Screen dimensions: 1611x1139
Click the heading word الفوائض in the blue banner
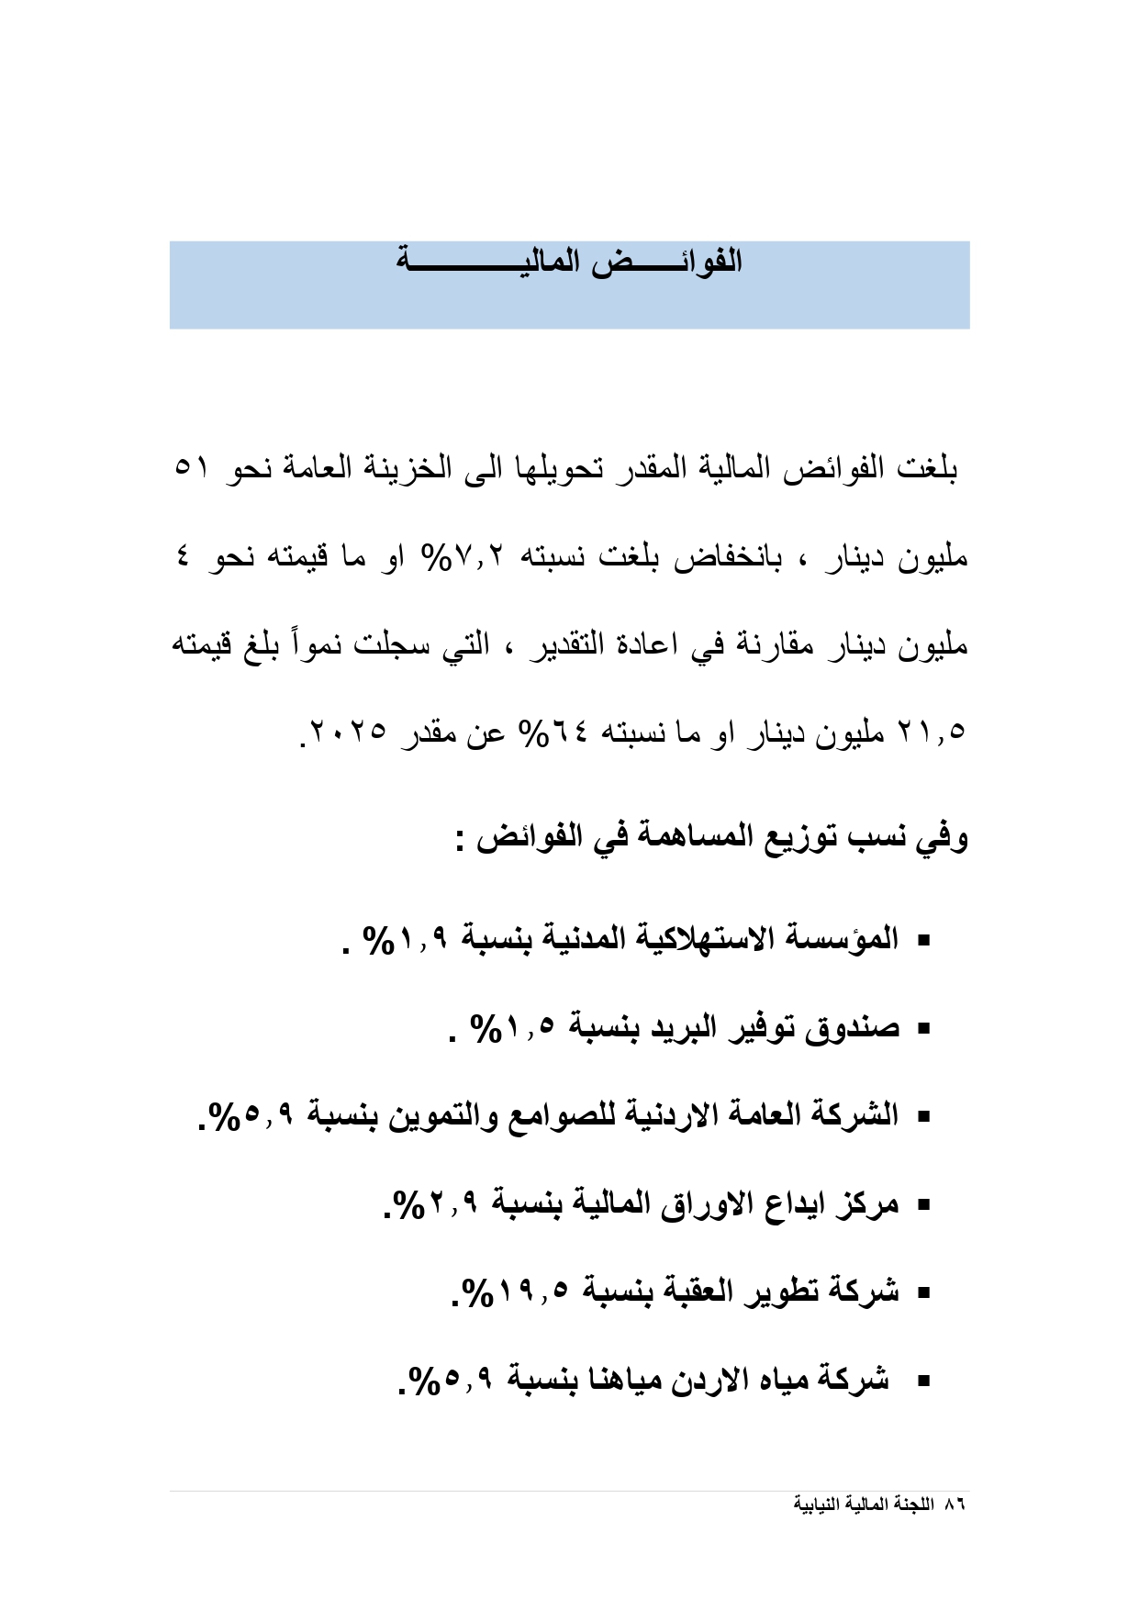coord(672,262)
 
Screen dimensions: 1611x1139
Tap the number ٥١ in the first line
coord(192,467)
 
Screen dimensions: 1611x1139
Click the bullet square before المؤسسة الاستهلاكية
coord(923,940)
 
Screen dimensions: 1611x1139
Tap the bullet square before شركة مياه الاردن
coord(923,1380)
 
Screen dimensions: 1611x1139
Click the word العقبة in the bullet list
coord(698,1292)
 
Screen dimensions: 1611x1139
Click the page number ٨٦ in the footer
coord(955,1505)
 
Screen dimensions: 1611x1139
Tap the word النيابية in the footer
coord(817,1505)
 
